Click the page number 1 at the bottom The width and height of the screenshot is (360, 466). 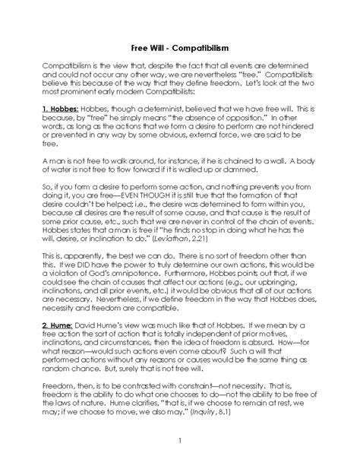click(x=180, y=442)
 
